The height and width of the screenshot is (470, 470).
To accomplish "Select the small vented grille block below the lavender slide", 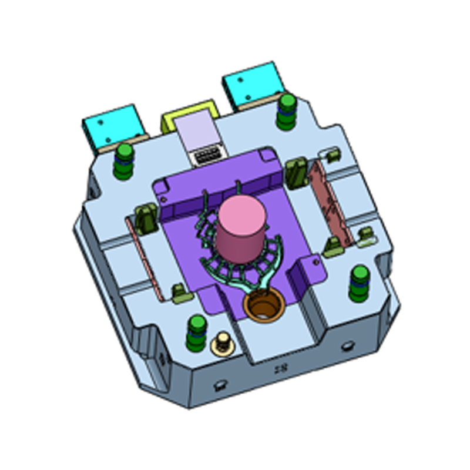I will click(x=206, y=157).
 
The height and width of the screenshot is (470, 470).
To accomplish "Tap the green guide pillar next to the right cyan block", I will click(x=287, y=110).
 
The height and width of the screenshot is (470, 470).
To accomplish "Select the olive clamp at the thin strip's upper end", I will click(x=145, y=218).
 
